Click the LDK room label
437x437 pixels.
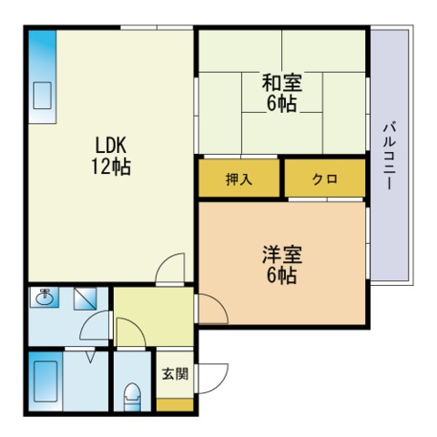111,145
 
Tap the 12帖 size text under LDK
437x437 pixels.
111,167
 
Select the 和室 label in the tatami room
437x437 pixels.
282,83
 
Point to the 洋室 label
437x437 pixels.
282,255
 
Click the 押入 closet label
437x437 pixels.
239,179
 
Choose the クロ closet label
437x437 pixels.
325,179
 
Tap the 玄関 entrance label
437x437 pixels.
176,373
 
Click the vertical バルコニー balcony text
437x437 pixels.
390,156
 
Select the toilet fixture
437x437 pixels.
132,397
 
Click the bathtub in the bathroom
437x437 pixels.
46,381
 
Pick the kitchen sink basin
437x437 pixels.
42,96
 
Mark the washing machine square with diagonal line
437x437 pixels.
86,299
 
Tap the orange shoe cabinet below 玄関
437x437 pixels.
175,405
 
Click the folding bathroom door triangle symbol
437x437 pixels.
90,357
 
